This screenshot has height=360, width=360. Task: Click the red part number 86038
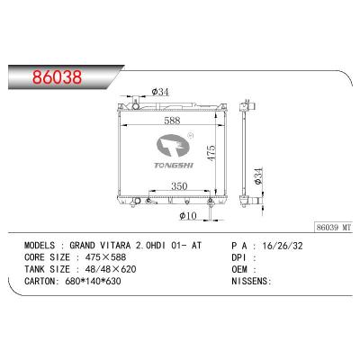coord(57,76)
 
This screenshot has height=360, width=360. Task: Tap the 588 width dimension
coord(172,121)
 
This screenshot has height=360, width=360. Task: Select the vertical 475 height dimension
coord(211,153)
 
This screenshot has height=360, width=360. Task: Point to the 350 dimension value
coord(179,186)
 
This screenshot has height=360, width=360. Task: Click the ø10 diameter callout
coord(188,215)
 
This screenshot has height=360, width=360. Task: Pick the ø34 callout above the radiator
coord(160,92)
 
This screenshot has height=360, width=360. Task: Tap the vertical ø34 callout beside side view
coord(258,175)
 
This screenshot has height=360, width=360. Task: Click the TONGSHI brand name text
coord(174,166)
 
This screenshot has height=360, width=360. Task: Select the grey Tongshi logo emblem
coord(173,146)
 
